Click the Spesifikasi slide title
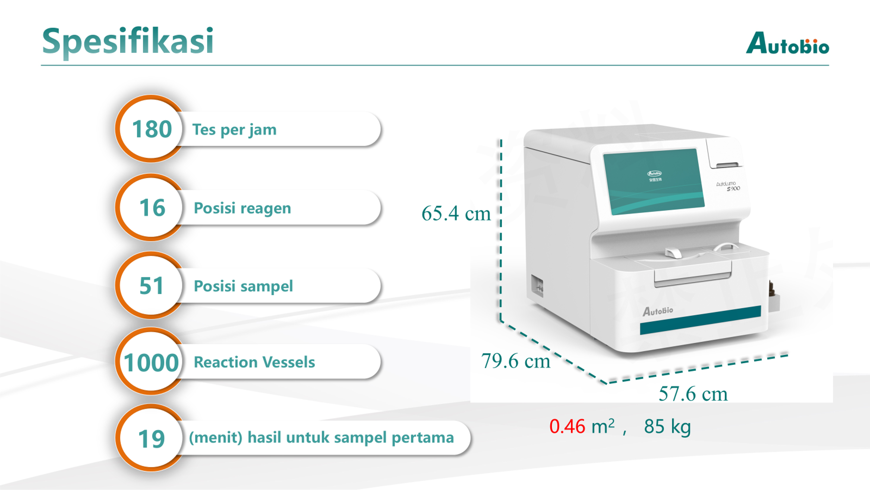click(128, 42)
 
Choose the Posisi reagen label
click(242, 208)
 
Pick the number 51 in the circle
click(151, 286)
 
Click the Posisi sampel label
click(243, 286)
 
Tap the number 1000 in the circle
click(151, 362)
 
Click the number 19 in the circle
click(151, 439)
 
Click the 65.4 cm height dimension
click(456, 213)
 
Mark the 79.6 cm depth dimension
click(516, 361)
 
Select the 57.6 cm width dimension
click(693, 394)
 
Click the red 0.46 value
click(567, 426)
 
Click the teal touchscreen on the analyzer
click(654, 181)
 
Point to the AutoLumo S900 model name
click(728, 186)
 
